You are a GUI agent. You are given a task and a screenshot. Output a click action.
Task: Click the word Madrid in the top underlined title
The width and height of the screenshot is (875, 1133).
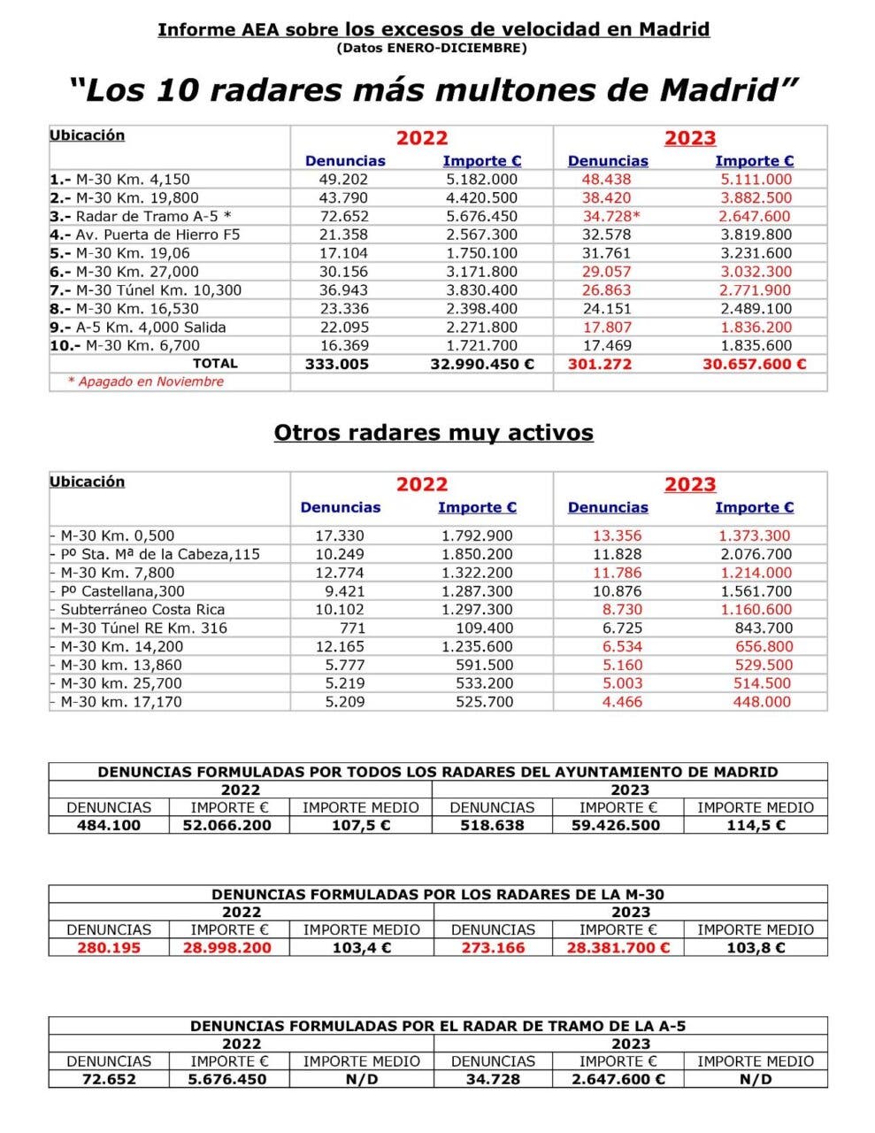tap(675, 29)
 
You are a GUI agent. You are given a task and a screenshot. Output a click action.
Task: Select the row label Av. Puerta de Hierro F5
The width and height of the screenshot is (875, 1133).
tap(157, 235)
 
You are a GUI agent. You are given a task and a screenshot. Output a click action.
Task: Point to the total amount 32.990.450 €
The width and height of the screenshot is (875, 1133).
tap(481, 364)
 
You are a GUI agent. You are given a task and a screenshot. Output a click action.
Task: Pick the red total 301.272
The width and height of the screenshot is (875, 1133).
tap(600, 364)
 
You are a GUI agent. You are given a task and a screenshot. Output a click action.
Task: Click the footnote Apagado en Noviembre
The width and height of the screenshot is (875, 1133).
tap(146, 382)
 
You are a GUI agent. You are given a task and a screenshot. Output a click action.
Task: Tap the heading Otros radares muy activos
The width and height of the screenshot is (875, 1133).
tap(434, 433)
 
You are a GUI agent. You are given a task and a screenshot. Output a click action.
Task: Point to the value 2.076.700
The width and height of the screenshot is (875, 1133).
tap(756, 554)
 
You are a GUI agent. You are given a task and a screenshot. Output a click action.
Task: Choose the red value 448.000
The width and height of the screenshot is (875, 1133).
tap(762, 701)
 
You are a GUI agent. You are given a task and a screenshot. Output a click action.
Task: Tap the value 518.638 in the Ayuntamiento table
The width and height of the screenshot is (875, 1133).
tap(492, 825)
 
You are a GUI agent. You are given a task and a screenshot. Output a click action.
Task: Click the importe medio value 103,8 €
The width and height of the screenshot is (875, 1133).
tap(755, 947)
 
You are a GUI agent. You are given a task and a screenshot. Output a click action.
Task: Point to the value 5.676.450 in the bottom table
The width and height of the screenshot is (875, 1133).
tap(228, 1079)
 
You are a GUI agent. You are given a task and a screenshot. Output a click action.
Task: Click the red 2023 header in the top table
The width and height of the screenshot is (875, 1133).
tap(689, 138)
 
